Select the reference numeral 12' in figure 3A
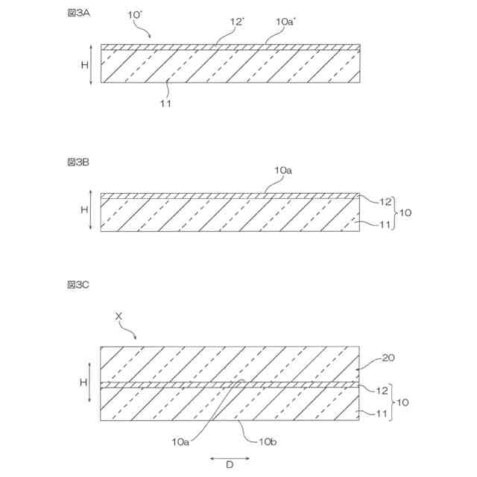pyautogui.click(x=238, y=22)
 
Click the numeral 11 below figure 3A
pyautogui.click(x=165, y=104)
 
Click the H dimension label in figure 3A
pyautogui.click(x=84, y=64)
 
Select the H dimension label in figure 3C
pyautogui.click(x=84, y=381)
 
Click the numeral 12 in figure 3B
pyautogui.click(x=385, y=201)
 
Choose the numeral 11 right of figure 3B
pyautogui.click(x=385, y=223)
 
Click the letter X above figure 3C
pyautogui.click(x=119, y=316)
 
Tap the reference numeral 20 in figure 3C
pyautogui.click(x=388, y=358)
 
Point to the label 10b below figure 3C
pyautogui.click(x=268, y=442)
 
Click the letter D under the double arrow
pyautogui.click(x=230, y=466)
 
